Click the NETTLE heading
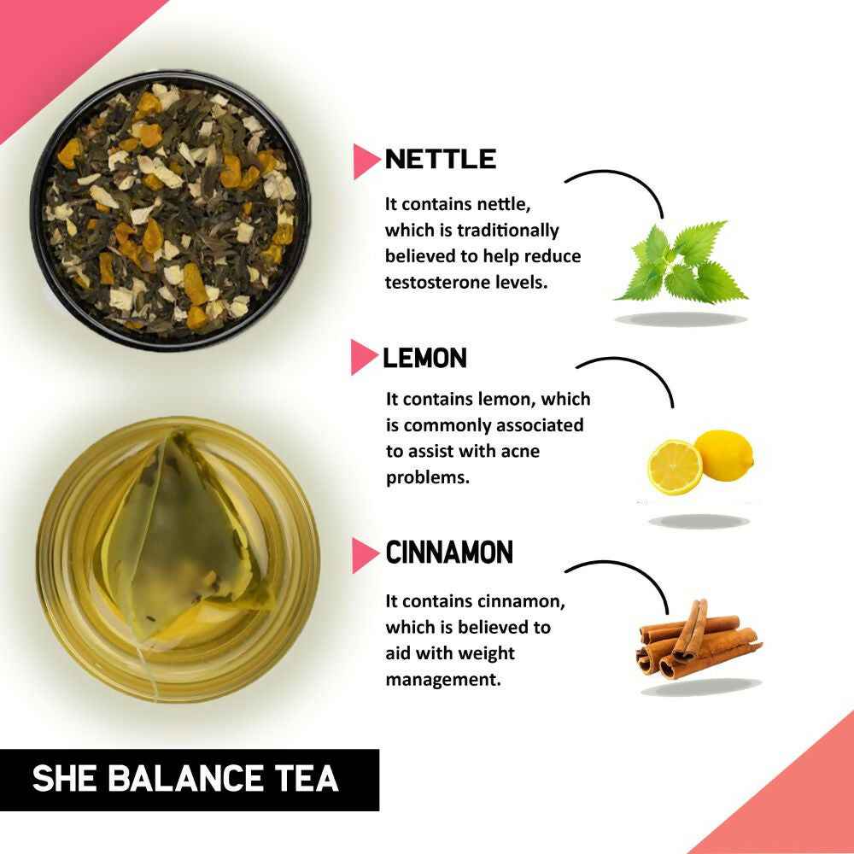coord(440,160)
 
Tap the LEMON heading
coord(424,358)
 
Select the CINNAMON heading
coord(449,553)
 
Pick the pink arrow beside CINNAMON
coord(366,554)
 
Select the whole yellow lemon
coord(723,454)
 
